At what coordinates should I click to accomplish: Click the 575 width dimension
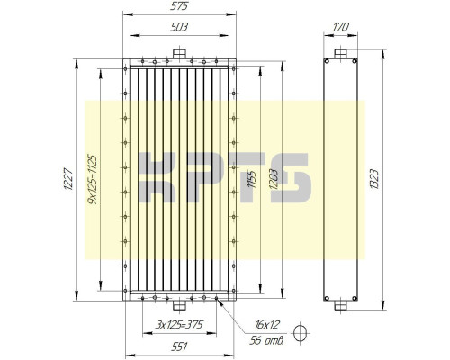(x=179, y=7)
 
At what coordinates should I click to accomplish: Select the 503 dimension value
(x=179, y=28)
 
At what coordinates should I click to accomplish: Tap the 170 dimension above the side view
(x=340, y=28)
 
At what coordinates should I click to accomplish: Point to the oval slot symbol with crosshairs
(x=304, y=335)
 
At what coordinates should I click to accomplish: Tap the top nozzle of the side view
(x=340, y=52)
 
